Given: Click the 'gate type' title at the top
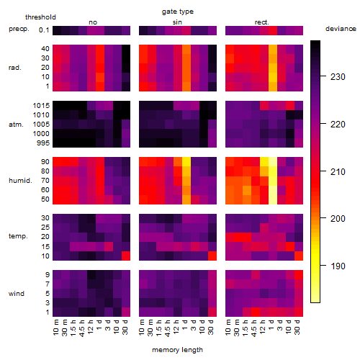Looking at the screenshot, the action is click(x=178, y=12).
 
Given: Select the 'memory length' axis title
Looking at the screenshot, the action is click(x=177, y=350).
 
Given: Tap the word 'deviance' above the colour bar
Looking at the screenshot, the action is click(x=341, y=29).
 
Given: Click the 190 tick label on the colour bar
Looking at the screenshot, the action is click(x=338, y=266).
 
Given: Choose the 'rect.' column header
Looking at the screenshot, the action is click(x=262, y=22).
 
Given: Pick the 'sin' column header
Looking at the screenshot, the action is click(x=177, y=22).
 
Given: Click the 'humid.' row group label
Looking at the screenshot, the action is click(x=20, y=181).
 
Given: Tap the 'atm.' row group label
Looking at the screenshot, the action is click(x=16, y=125).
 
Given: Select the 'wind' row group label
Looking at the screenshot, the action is click(x=17, y=294).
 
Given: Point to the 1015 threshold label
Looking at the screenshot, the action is click(x=41, y=106).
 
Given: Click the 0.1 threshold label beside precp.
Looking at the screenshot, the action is click(x=44, y=30).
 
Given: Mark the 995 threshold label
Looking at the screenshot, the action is click(x=43, y=143).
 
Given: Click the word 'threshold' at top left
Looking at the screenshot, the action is click(x=40, y=17).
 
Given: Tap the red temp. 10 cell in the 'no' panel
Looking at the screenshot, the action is click(x=126, y=256).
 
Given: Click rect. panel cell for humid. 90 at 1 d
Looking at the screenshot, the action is click(x=273, y=162).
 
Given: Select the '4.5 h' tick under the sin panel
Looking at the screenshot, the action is click(x=168, y=328).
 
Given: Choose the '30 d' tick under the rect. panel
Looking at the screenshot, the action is click(x=297, y=328).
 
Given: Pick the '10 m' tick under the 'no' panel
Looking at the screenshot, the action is click(x=55, y=328).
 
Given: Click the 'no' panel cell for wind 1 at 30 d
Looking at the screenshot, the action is click(x=126, y=312).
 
